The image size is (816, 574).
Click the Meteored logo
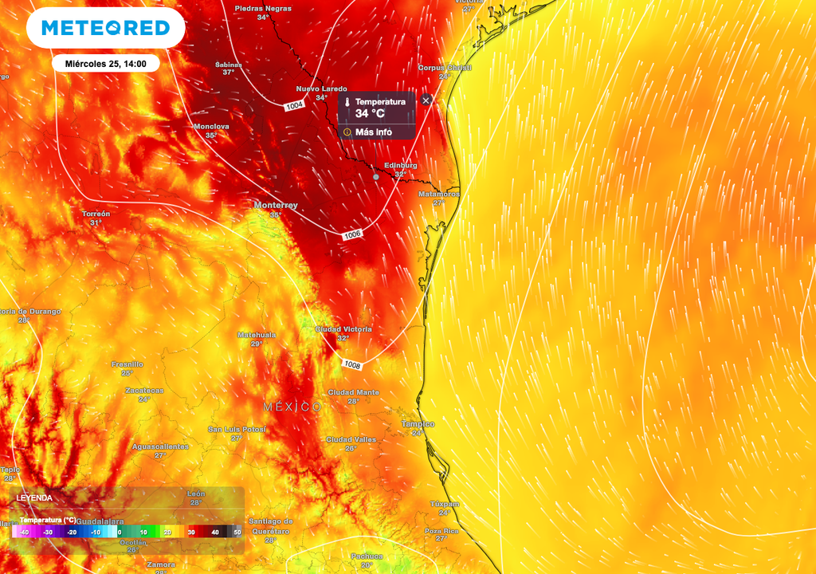click(x=105, y=28)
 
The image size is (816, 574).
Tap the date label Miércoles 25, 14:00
click(x=105, y=63)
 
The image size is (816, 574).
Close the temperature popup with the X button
click(x=426, y=100)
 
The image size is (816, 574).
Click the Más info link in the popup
click(x=373, y=132)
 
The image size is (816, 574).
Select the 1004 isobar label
click(x=294, y=105)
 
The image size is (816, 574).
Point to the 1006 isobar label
click(x=353, y=234)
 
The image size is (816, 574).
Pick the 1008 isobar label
click(x=352, y=364)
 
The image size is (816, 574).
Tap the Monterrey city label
click(x=276, y=206)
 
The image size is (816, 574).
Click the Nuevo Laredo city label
click(x=321, y=88)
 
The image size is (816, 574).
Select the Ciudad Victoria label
click(x=343, y=329)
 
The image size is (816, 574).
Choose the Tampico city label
click(x=418, y=424)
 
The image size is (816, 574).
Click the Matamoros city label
click(x=439, y=194)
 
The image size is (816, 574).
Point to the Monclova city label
click(x=211, y=127)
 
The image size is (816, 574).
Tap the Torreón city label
click(x=96, y=214)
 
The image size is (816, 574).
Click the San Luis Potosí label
click(x=237, y=429)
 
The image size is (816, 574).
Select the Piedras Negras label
click(x=262, y=8)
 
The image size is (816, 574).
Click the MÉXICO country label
click(x=292, y=407)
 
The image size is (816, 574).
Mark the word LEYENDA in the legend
click(x=34, y=497)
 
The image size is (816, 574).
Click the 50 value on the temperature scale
click(x=237, y=532)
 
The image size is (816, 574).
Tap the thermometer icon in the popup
click(x=347, y=102)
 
